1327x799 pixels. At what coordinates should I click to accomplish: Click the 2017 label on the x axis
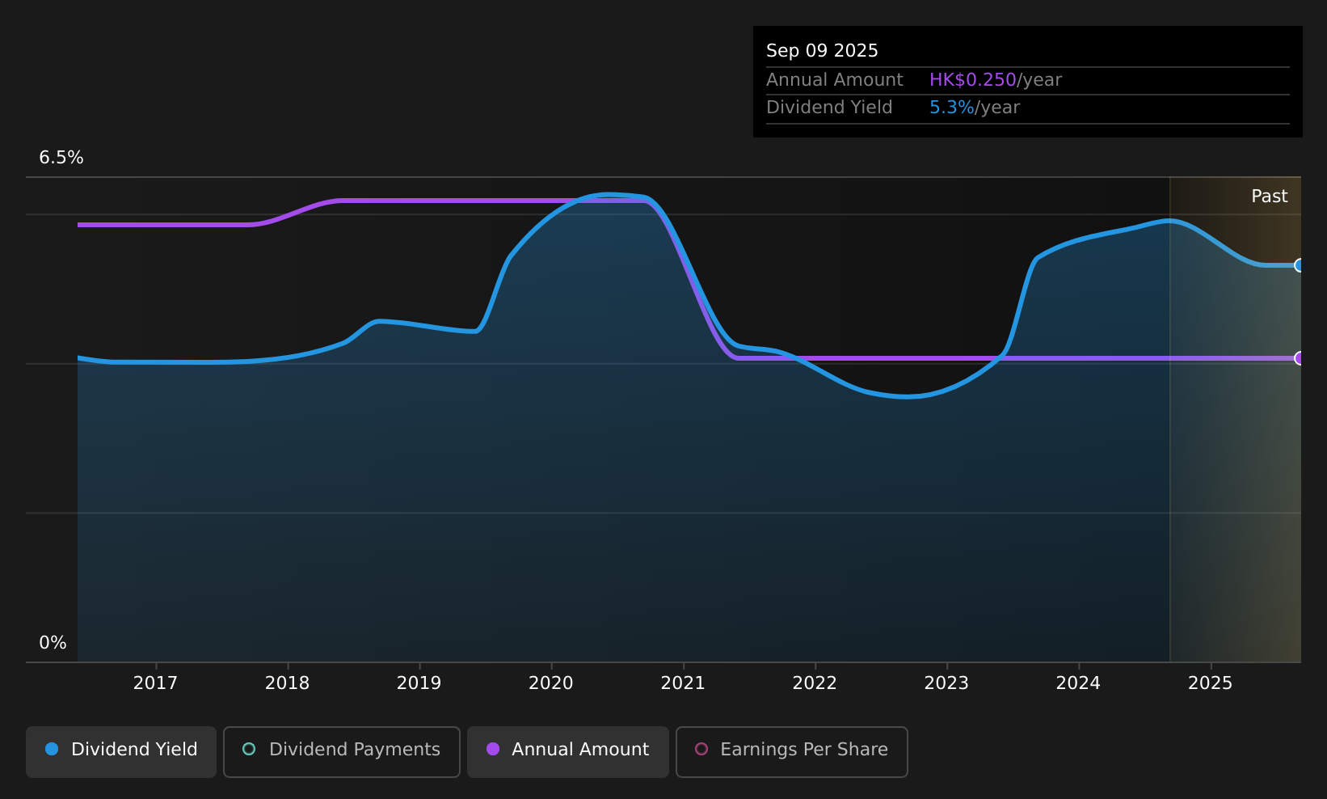[155, 683]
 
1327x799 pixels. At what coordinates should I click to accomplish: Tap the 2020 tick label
[551, 683]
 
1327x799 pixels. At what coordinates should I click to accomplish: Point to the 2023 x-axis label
[946, 683]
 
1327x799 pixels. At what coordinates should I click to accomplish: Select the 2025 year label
[1211, 683]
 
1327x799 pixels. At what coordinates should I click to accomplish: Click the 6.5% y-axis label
[61, 158]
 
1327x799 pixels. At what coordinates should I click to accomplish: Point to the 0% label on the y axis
[53, 643]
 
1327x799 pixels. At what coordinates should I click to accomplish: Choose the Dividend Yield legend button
[121, 751]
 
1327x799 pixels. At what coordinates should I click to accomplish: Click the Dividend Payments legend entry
[342, 751]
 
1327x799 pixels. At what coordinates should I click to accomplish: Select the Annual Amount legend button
[567, 751]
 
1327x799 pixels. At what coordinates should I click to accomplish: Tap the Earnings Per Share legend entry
[791, 751]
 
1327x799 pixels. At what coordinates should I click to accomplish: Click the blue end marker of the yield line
[1300, 265]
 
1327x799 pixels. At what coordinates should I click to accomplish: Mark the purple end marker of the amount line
[1300, 358]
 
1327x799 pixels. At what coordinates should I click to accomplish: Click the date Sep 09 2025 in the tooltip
[822, 51]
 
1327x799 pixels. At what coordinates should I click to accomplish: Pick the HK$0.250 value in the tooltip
[973, 80]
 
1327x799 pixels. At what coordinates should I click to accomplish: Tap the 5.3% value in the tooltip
[951, 108]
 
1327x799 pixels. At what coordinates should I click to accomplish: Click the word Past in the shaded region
[1269, 197]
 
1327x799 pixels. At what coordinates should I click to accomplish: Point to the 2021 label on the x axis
[683, 683]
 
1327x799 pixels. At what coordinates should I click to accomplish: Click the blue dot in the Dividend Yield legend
[53, 749]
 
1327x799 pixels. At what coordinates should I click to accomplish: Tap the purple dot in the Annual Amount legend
[493, 749]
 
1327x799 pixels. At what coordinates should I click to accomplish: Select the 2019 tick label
[419, 683]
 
